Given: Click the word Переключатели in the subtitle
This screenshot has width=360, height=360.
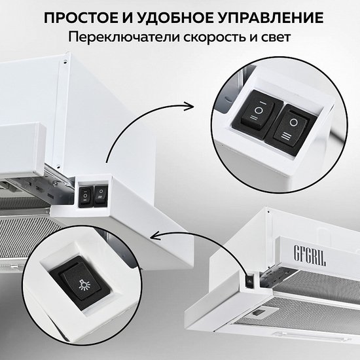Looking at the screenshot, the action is [x=124, y=37].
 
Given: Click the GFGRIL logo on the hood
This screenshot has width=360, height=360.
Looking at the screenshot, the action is [x=310, y=256].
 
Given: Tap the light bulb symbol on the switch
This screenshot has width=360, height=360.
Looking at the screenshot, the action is [x=84, y=286].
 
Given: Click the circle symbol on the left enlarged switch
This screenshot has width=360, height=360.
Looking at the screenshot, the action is [x=259, y=111].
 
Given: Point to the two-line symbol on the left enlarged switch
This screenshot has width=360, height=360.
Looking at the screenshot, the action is [x=254, y=118].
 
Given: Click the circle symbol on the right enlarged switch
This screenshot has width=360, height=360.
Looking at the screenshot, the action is [x=293, y=122].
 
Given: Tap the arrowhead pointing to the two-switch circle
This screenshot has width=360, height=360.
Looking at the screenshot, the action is [x=189, y=107].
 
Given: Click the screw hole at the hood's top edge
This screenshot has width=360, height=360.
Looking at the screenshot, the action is [x=65, y=62].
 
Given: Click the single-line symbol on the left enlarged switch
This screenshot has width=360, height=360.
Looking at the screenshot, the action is [x=263, y=103].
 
